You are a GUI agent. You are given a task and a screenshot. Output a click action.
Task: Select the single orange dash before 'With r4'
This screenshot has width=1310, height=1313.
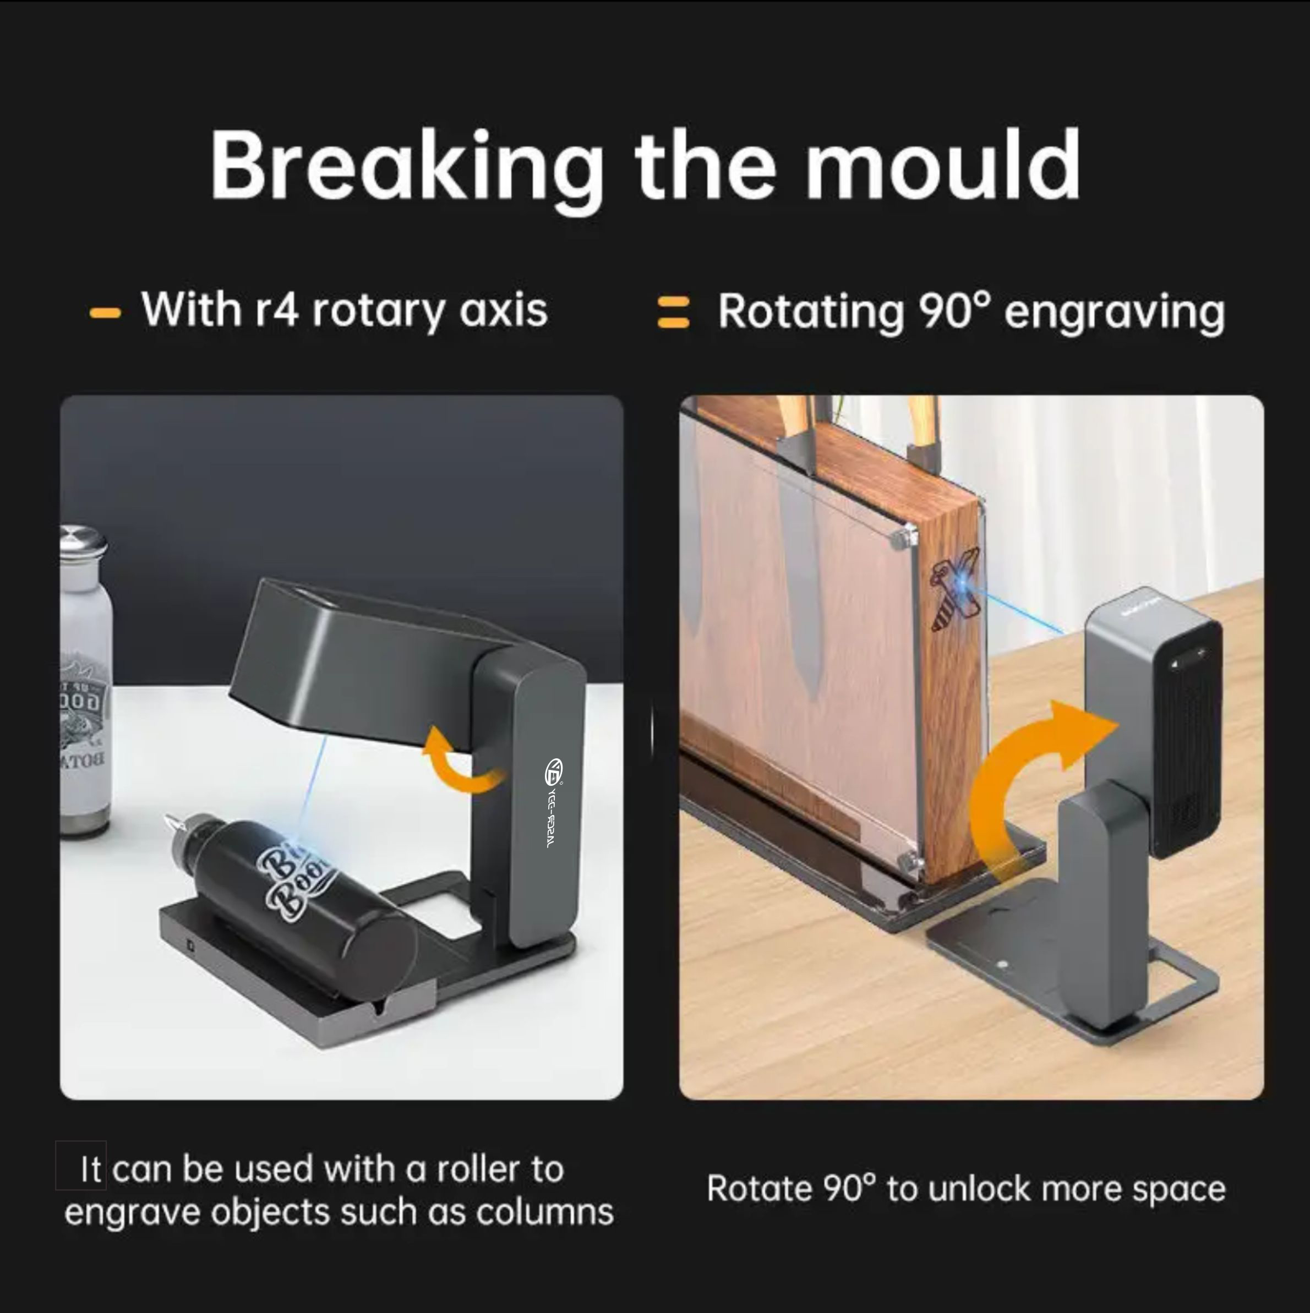click(x=105, y=313)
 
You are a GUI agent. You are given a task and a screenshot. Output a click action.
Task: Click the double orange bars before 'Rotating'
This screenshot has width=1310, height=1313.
click(x=673, y=313)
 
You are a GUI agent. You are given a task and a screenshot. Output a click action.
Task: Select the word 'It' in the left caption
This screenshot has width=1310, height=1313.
click(x=90, y=1169)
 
